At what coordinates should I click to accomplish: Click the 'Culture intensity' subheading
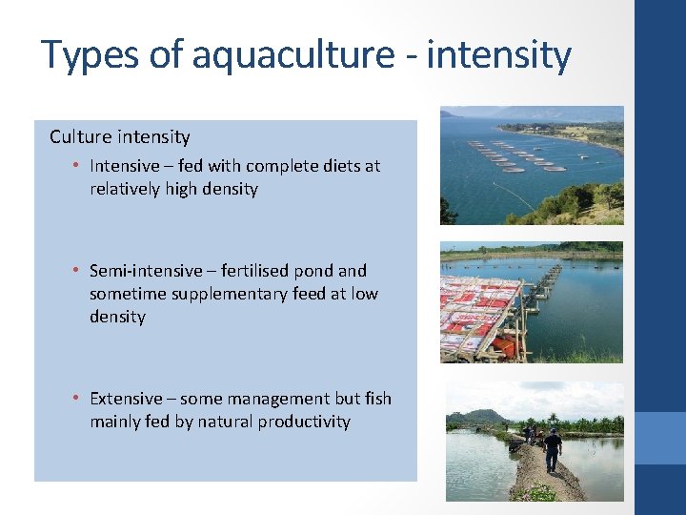(120, 136)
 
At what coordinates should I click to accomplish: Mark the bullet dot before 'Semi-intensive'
(75, 272)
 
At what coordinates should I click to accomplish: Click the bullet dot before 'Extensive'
(75, 400)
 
